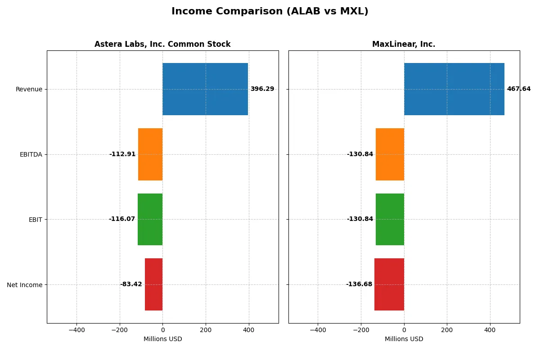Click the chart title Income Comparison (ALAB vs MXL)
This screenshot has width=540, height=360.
tap(270, 12)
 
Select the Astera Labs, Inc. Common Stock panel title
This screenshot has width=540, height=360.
tap(162, 44)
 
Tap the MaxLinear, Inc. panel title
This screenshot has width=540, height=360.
tap(404, 44)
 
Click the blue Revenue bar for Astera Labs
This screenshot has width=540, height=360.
tap(205, 89)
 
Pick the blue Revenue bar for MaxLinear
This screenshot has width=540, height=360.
tap(454, 89)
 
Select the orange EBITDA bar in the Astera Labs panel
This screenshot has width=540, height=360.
tap(150, 154)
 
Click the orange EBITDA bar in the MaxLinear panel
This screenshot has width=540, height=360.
tap(390, 154)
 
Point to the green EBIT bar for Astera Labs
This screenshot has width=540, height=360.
tap(150, 219)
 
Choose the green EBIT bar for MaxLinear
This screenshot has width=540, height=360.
tap(390, 219)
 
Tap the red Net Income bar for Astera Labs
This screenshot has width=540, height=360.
tap(153, 284)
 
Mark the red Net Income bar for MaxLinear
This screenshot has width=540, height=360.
tap(389, 284)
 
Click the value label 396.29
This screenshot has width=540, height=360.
tap(262, 89)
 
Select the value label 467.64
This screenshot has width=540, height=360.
tap(518, 89)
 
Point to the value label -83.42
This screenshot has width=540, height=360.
tap(131, 284)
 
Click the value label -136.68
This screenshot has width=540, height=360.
tap(359, 284)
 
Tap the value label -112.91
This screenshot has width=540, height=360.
tap(122, 154)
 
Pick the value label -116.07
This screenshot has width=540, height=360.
tap(122, 219)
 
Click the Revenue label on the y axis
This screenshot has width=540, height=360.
tap(29, 89)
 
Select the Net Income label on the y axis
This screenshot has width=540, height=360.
tap(25, 285)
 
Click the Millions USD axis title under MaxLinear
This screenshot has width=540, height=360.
tap(404, 339)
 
